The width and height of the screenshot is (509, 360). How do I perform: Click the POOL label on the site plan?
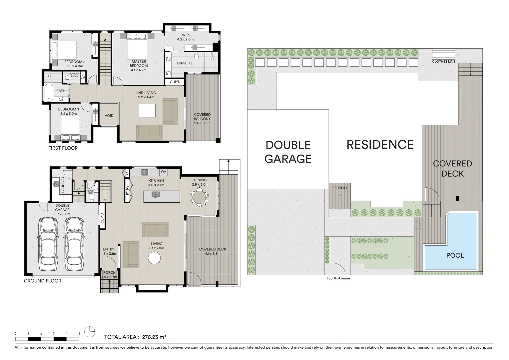pos(455,255)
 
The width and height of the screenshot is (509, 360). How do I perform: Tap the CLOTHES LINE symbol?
pos(443,54)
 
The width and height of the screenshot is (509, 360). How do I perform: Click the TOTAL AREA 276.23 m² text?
pos(135,337)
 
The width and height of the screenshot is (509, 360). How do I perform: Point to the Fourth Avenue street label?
pos(338,278)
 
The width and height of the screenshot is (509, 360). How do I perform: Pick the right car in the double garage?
pos(74,244)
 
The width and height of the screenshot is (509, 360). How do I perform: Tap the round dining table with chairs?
pos(199,196)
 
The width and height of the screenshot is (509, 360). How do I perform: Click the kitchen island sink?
pos(156,195)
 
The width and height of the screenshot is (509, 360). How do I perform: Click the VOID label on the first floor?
pos(109,116)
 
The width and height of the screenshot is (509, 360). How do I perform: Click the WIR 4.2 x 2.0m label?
pos(185,37)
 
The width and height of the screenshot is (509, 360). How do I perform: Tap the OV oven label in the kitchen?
pos(163,172)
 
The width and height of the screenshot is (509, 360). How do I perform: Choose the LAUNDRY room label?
pos(63,184)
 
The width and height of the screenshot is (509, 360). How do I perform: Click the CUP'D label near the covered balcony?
pos(175,82)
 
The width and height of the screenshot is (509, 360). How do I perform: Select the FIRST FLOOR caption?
pos(63,148)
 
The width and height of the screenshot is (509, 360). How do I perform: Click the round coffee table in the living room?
pos(155,258)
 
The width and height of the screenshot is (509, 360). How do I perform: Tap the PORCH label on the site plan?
pos(340,188)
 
